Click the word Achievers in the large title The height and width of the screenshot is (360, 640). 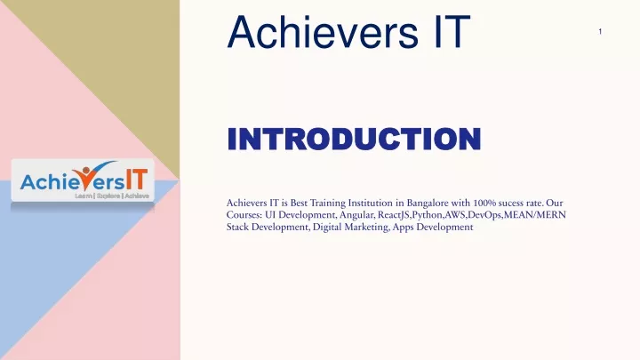[323, 32]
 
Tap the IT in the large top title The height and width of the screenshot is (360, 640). [452, 32]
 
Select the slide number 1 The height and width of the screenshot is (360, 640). [600, 31]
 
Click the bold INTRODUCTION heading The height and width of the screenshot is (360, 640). [354, 139]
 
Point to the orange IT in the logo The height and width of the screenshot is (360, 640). [136, 180]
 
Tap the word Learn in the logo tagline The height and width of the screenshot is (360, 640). [84, 196]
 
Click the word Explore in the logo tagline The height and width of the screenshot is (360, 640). [108, 196]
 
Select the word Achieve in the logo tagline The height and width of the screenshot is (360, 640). [137, 196]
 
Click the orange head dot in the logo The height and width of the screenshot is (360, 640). [85, 170]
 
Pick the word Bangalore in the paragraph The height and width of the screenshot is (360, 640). [428, 203]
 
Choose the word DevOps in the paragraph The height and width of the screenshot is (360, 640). [484, 215]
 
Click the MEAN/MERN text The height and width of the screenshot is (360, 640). [535, 215]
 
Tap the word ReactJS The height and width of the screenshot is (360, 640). [394, 215]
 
